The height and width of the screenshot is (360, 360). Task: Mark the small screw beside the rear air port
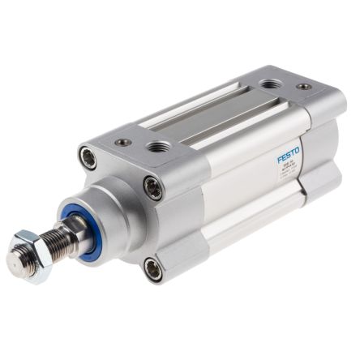[302, 86]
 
